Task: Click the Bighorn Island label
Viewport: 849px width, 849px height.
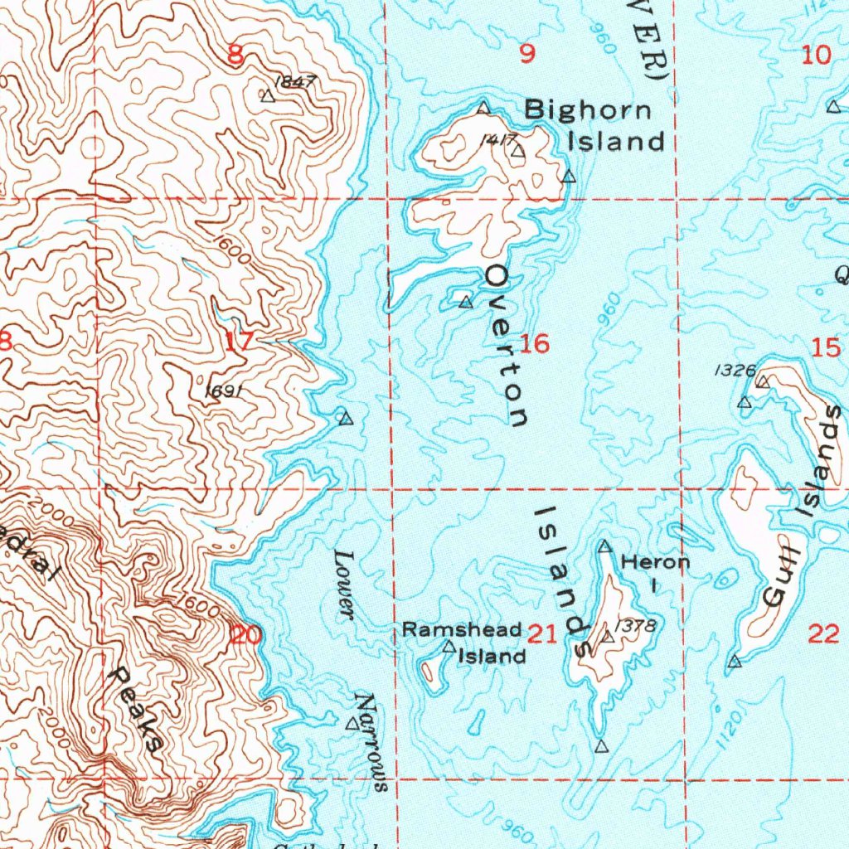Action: coord(595,124)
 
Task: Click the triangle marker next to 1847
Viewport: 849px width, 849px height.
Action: coord(267,96)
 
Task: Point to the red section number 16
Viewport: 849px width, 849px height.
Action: coord(536,343)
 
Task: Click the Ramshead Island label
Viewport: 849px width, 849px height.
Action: coord(463,643)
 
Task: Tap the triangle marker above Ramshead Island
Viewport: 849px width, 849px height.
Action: coord(449,646)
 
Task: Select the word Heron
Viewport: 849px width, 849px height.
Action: coord(655,562)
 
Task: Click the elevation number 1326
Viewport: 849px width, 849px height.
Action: coord(734,371)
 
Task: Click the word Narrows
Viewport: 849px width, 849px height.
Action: coord(371,742)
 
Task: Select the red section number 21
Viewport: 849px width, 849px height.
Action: coord(541,636)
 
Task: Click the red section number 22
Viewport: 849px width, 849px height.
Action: coord(822,635)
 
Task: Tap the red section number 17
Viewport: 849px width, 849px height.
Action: coord(236,341)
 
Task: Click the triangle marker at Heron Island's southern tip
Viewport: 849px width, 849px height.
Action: coord(602,746)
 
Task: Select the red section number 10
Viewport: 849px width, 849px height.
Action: coord(817,56)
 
